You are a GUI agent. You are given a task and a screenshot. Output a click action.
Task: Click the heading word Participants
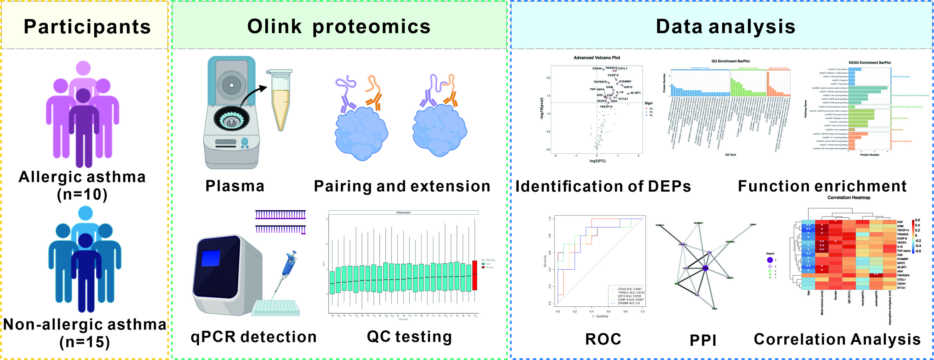[x=87, y=27]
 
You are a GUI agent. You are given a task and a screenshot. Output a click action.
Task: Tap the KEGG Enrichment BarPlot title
[x=869, y=63]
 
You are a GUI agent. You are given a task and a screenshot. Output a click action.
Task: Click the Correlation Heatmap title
[x=849, y=198]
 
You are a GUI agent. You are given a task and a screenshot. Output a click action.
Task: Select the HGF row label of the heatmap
[x=900, y=222]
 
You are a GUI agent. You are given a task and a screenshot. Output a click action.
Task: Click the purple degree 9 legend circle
[x=770, y=260]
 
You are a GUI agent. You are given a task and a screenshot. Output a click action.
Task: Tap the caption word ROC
[x=603, y=339]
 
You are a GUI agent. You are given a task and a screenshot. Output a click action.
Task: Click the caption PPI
[x=703, y=340]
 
